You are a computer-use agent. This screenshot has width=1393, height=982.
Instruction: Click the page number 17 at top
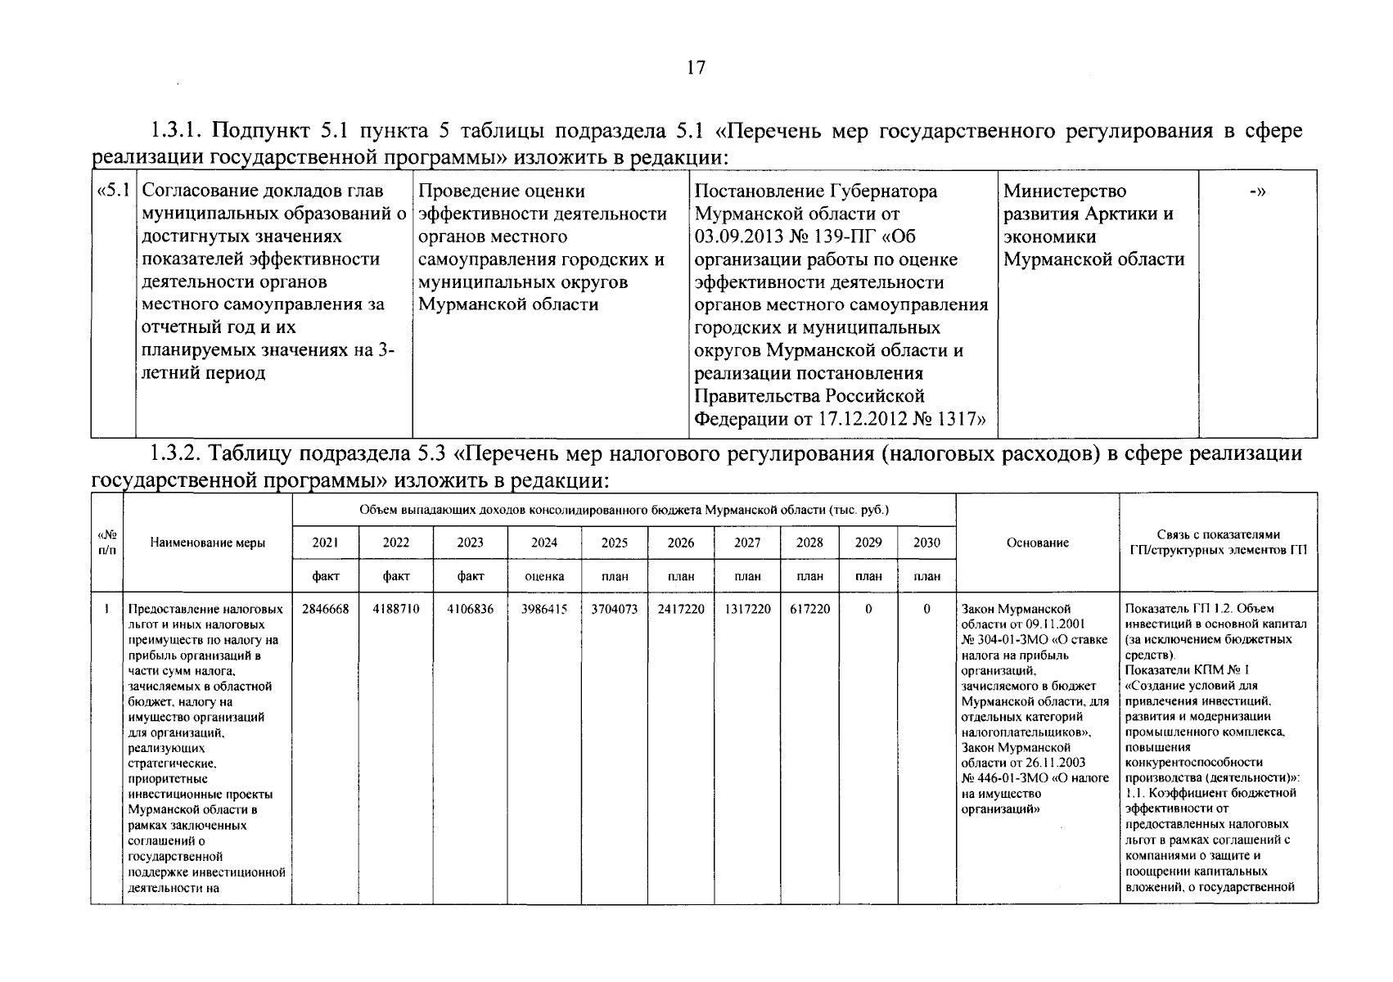click(696, 68)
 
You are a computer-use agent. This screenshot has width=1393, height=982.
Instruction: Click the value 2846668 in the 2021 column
click(326, 610)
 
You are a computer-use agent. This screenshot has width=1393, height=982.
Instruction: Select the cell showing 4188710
click(396, 610)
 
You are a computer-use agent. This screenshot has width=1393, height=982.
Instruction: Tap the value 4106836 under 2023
click(470, 610)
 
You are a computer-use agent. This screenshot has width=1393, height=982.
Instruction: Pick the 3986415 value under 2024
click(544, 610)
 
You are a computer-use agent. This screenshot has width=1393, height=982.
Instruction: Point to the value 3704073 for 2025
click(615, 610)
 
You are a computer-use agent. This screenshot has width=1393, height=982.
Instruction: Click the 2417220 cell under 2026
click(681, 610)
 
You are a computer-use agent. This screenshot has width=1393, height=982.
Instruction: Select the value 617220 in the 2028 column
click(810, 610)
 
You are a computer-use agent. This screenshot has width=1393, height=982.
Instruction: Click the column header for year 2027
click(746, 543)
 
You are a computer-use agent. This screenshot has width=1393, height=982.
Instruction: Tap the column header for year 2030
click(927, 543)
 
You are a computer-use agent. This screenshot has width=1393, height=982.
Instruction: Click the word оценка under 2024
click(544, 576)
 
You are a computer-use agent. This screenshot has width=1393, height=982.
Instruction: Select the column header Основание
click(1038, 543)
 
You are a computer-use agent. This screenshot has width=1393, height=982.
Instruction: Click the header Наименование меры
click(208, 543)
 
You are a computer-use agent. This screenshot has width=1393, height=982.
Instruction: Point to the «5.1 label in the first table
click(113, 191)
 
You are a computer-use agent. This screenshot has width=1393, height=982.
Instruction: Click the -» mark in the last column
click(1258, 191)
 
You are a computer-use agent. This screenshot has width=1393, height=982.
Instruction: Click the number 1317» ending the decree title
click(961, 419)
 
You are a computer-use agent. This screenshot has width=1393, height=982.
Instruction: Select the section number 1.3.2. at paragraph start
click(179, 454)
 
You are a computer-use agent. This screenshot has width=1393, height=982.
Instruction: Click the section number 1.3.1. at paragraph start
click(179, 132)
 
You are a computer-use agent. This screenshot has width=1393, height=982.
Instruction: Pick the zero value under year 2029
click(868, 610)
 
